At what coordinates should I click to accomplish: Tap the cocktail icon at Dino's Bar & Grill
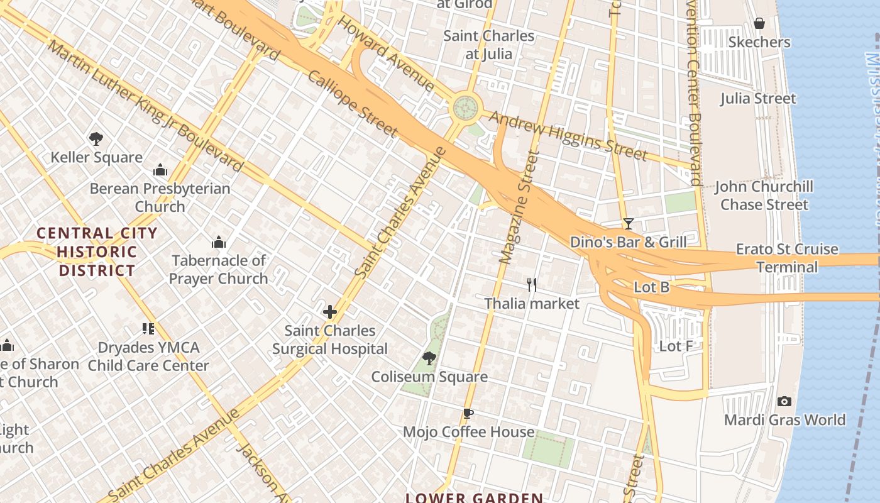tap(628, 223)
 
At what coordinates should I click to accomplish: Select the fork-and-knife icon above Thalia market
tap(532, 285)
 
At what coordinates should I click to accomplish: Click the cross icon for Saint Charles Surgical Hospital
tap(330, 312)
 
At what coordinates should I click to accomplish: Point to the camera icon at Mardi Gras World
tap(784, 401)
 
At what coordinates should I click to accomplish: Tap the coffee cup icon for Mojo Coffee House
tap(468, 413)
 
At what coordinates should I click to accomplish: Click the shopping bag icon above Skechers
tap(759, 23)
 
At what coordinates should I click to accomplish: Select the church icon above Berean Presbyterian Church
tap(160, 170)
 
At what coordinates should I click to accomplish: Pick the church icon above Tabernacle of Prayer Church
tap(219, 242)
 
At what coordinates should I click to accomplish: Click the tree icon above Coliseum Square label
tap(429, 358)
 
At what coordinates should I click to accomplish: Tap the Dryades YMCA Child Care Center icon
tap(148, 328)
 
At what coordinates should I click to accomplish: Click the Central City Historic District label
tap(96, 252)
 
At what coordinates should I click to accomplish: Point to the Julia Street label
tap(758, 99)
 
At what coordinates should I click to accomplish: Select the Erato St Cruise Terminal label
tap(787, 258)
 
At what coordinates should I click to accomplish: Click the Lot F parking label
tap(676, 346)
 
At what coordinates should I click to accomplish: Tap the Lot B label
tap(651, 287)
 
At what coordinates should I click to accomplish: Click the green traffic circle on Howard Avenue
tap(466, 107)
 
